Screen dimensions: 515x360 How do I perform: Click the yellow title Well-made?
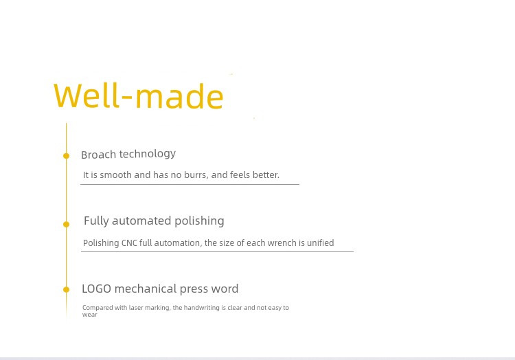coord(138,95)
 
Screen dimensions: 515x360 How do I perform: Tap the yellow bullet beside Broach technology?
coord(67,156)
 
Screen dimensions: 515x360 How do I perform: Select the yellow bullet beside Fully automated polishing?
coord(67,225)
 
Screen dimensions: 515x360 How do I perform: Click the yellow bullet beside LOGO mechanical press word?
coord(67,289)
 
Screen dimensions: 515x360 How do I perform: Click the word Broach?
coord(98,155)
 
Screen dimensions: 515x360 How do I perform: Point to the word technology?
coord(148,154)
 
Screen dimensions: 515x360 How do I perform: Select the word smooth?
coord(115,175)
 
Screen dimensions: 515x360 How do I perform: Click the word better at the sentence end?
coord(266,175)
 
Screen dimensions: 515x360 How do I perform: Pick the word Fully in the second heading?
coord(96,221)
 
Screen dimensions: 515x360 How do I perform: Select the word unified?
coord(320,243)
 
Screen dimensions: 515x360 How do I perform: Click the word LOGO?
coord(97,289)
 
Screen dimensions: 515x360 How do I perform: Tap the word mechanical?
coord(146,289)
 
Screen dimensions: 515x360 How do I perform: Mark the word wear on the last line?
coord(90,315)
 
